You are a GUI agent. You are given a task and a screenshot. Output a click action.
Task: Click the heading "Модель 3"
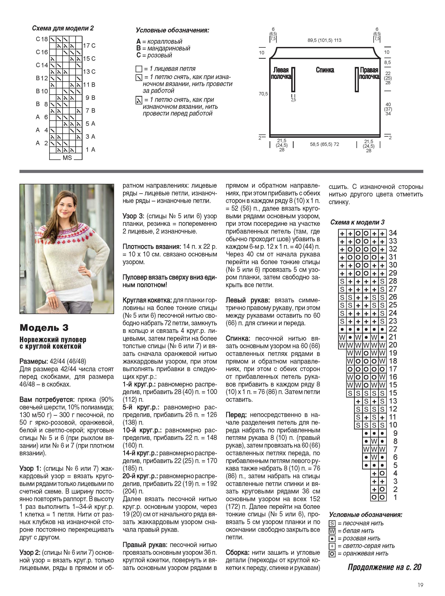click(44, 328)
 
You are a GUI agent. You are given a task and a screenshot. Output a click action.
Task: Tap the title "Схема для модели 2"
click(63, 28)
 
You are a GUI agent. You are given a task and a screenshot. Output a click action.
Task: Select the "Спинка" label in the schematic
click(325, 70)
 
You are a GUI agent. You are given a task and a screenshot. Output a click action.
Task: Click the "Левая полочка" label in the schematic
click(281, 73)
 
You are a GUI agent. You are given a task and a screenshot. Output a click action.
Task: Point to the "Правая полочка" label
click(369, 73)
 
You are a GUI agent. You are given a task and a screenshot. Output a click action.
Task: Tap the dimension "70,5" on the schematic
click(263, 94)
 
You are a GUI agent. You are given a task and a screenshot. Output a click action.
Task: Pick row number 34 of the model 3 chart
click(393, 233)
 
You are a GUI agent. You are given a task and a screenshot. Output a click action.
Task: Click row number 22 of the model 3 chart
click(393, 329)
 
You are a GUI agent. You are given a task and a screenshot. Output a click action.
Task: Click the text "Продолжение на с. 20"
click(384, 567)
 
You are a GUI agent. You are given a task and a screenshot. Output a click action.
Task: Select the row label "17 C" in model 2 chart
click(89, 46)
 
